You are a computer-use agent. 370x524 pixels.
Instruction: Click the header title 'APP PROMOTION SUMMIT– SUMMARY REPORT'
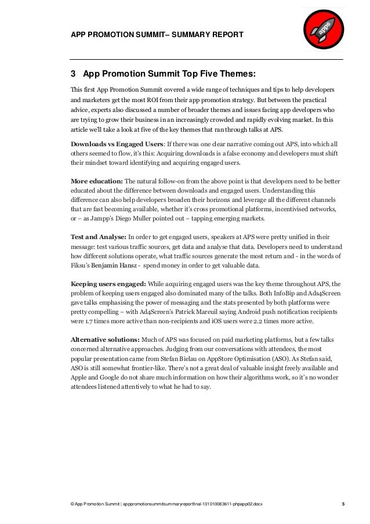157,36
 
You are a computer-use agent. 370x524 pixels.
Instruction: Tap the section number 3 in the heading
73,74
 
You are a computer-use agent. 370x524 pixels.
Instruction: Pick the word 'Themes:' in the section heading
233,74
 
